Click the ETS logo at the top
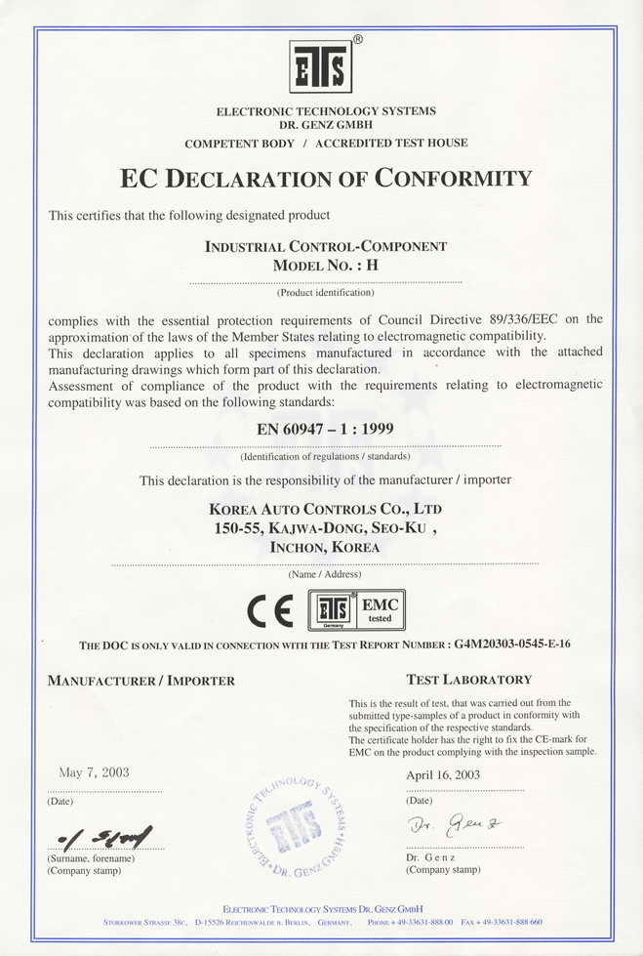coord(321,66)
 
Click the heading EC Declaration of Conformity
coord(326,179)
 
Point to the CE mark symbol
coord(270,611)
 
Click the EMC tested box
coord(379,610)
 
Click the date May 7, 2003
coord(94,772)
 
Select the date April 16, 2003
coord(443,774)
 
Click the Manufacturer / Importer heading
coord(141,681)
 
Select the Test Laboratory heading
coord(468,680)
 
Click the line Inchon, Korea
coord(325,548)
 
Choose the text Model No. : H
coord(325,266)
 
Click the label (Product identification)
coord(325,292)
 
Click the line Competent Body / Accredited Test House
coord(326,143)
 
